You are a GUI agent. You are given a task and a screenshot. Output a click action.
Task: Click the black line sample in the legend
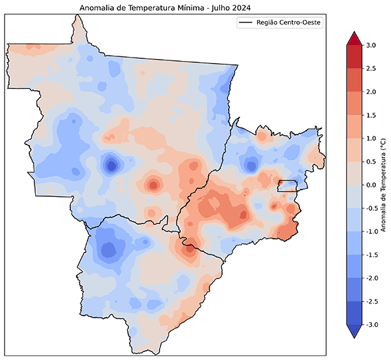click(247, 23)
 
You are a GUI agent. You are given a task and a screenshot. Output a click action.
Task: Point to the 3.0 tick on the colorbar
click(370, 46)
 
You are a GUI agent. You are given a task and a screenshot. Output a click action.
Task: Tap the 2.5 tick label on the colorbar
click(370, 69)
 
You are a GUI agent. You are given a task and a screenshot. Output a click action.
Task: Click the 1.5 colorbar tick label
click(370, 115)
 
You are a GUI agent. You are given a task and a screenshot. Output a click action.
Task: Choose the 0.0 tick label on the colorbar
click(370, 186)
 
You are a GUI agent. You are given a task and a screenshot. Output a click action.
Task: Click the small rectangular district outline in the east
click(287, 186)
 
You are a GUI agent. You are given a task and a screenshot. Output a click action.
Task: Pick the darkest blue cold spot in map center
click(111, 164)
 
